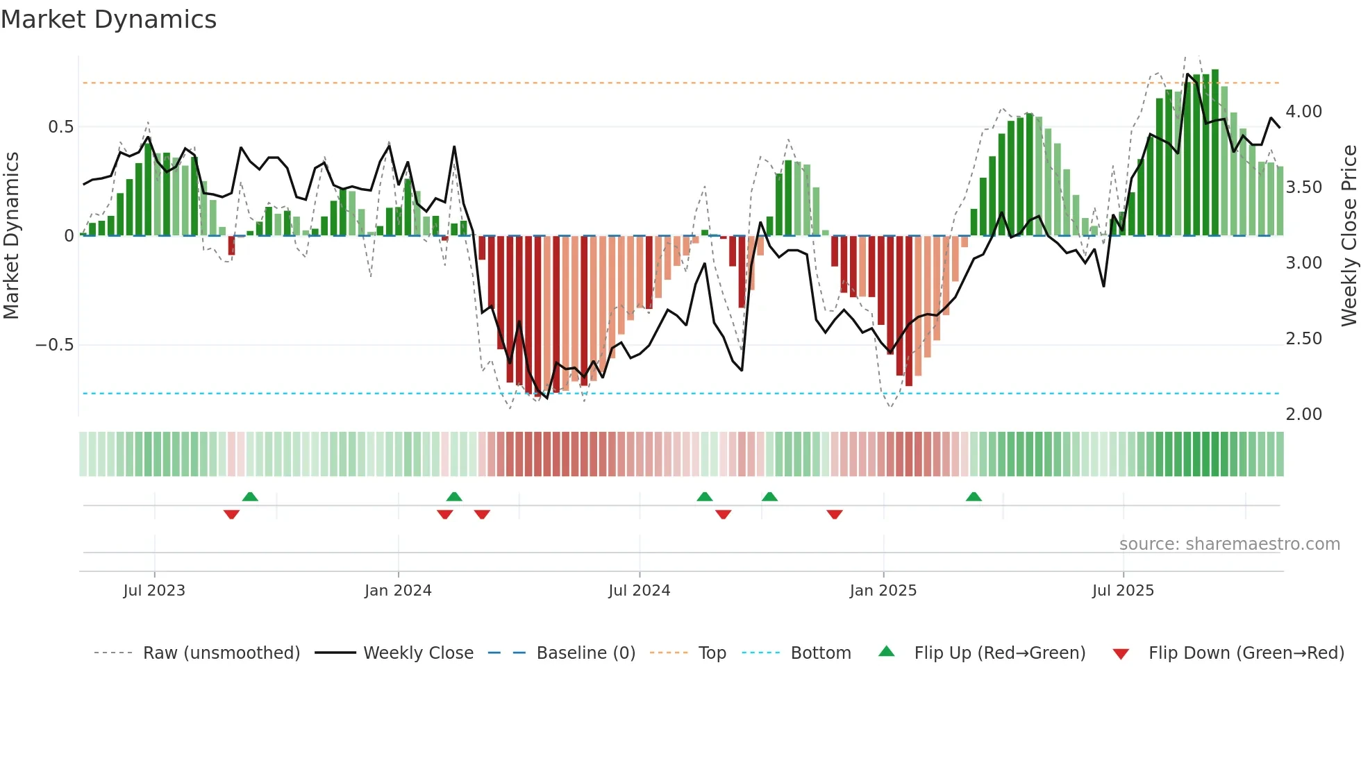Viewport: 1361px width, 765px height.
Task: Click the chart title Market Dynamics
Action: (108, 19)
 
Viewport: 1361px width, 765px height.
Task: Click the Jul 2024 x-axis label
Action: (639, 591)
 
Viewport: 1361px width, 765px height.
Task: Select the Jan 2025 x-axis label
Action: (883, 591)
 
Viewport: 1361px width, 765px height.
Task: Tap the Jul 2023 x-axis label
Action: (154, 591)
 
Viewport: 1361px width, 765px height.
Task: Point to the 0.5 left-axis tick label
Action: (60, 127)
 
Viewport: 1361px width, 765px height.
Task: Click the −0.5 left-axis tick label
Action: (55, 345)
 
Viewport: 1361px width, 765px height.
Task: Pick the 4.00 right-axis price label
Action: (1303, 112)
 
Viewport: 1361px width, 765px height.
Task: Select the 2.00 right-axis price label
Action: (1303, 414)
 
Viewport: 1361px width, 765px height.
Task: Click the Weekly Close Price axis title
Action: (1349, 235)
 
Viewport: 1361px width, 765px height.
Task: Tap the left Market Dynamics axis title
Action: (11, 235)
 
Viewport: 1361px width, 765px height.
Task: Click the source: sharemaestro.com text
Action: (1229, 544)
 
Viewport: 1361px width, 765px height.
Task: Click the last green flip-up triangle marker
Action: (974, 497)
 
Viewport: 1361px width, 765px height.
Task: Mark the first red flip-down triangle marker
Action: (231, 514)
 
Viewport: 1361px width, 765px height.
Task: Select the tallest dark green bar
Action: (1215, 153)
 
